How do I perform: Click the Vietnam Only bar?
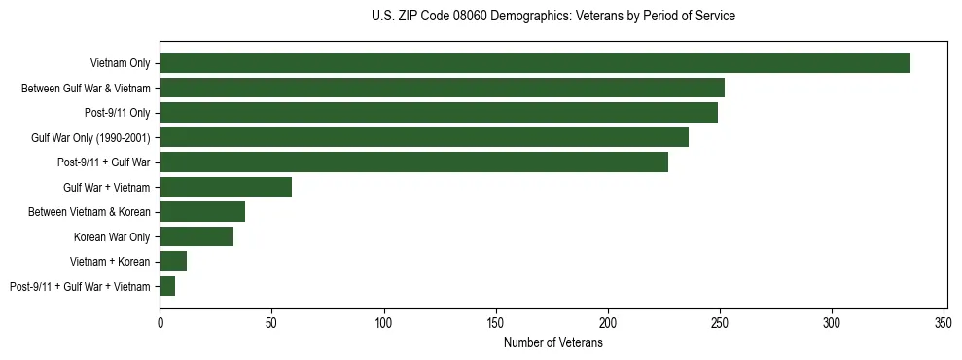(535, 63)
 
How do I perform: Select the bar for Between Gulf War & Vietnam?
(442, 88)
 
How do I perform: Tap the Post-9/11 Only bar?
(439, 113)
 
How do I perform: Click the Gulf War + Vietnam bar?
(226, 187)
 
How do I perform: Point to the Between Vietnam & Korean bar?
(202, 212)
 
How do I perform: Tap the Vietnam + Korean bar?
(173, 262)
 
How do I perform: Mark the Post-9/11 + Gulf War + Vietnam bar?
(167, 286)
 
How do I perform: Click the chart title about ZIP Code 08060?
(552, 17)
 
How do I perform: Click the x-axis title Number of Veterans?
(552, 343)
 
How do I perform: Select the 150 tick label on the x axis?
(496, 322)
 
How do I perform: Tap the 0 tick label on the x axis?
(160, 322)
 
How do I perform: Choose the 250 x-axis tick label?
(720, 322)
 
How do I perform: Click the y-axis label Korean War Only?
(112, 236)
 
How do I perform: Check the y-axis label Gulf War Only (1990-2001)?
(90, 137)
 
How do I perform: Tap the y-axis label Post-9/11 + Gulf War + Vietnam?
(80, 286)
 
